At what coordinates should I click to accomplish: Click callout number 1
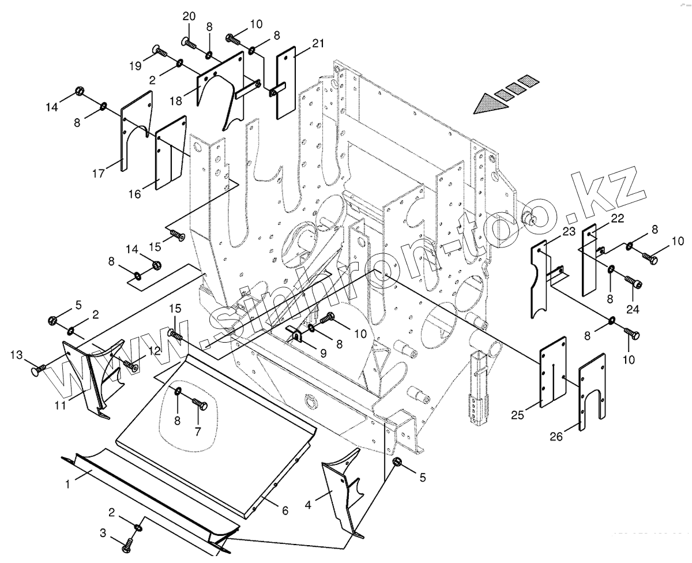click(x=67, y=485)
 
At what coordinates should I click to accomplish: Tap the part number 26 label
click(x=556, y=437)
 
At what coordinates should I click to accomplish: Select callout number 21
click(x=318, y=43)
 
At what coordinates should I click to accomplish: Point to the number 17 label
click(x=99, y=174)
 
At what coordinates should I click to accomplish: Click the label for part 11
click(x=61, y=406)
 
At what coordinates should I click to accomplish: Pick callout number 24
click(x=633, y=309)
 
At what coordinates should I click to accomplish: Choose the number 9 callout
click(x=323, y=354)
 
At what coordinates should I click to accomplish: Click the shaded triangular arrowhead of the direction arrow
click(x=491, y=104)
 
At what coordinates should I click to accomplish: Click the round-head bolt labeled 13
click(x=39, y=370)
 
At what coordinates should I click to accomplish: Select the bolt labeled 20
click(x=189, y=42)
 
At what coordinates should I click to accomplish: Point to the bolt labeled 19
click(x=159, y=50)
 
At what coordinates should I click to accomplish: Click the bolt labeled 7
click(x=200, y=403)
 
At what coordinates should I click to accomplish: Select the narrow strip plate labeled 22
click(x=589, y=260)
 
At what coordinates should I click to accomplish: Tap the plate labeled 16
click(x=171, y=153)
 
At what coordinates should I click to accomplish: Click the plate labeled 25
click(x=553, y=371)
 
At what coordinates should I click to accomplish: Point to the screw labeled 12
click(x=130, y=366)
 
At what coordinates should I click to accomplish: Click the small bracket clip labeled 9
click(x=295, y=333)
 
